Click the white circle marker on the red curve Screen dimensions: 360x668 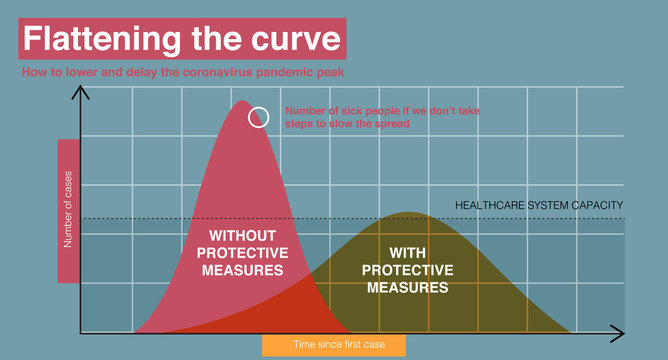pos(258,117)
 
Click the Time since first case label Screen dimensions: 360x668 pos(335,345)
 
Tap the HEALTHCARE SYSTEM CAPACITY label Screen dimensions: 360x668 pos(539,205)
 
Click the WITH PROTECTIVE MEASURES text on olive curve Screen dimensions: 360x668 pos(407,270)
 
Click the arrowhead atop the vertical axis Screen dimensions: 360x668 pos(80,95)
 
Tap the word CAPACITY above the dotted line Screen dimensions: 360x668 pos(597,205)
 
